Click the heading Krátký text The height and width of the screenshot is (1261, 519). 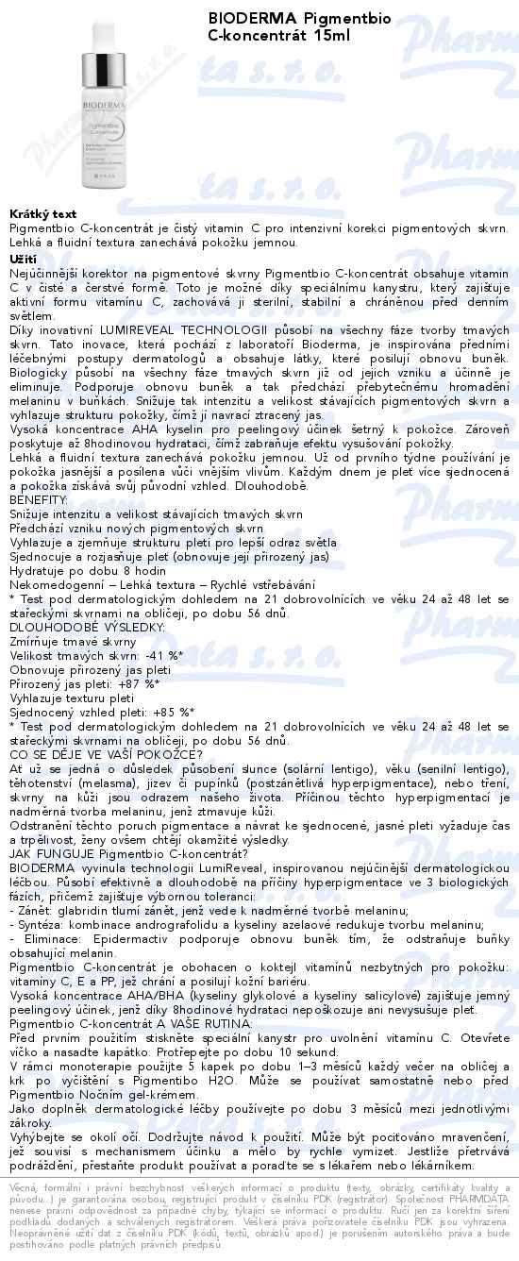coord(42,214)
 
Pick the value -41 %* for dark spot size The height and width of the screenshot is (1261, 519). coord(162,655)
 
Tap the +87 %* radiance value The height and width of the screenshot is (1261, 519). coord(138,683)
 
